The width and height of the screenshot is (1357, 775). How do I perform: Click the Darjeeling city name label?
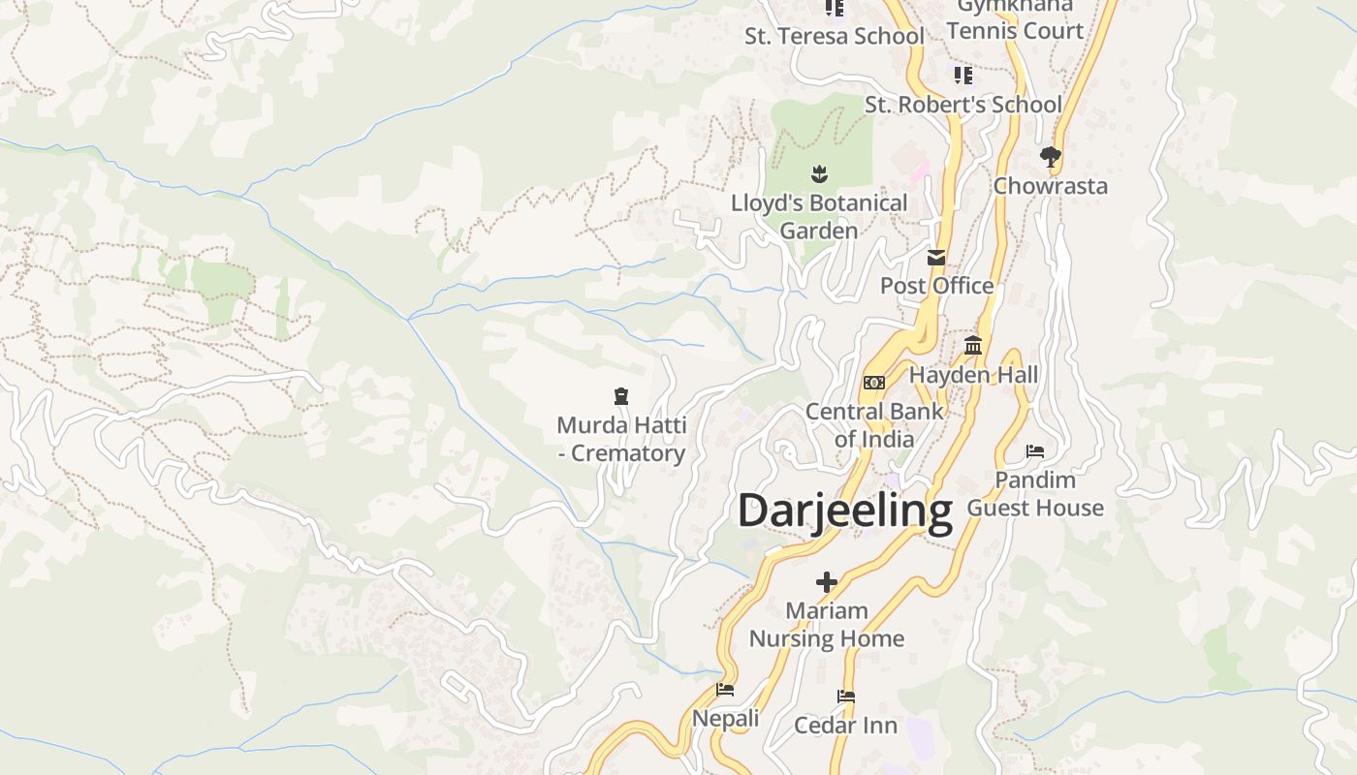pos(845,511)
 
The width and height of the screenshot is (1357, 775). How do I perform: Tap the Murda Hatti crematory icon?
pos(621,395)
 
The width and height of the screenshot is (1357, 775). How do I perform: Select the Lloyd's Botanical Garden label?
pos(819,217)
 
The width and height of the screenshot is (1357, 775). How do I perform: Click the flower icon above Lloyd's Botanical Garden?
pos(819,174)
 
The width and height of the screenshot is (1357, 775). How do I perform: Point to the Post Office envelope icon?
pos(936,258)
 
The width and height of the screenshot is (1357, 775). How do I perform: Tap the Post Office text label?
pos(936,286)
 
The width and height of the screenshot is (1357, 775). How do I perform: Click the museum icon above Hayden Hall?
pos(973,346)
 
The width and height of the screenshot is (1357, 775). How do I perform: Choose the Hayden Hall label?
pos(973,375)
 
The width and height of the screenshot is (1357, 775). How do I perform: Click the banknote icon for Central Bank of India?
pos(874,383)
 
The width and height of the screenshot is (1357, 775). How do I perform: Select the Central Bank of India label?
pos(874,424)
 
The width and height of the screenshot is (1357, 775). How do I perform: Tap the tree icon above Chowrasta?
pos(1050,157)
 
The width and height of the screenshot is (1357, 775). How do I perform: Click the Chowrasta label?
pos(1050,186)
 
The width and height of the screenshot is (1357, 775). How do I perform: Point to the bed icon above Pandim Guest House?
pos(1035,451)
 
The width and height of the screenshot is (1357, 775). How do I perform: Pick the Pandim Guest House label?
pos(1035,494)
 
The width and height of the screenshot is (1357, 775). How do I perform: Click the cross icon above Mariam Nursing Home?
pos(827,582)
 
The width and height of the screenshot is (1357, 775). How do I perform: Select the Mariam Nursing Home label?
pos(827,625)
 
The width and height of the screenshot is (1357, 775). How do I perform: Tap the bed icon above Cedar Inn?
pos(846,697)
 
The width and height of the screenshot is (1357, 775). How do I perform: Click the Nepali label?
pos(725,719)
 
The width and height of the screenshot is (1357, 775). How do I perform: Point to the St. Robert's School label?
pos(963,105)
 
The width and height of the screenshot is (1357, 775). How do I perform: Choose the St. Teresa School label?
pos(834,37)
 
